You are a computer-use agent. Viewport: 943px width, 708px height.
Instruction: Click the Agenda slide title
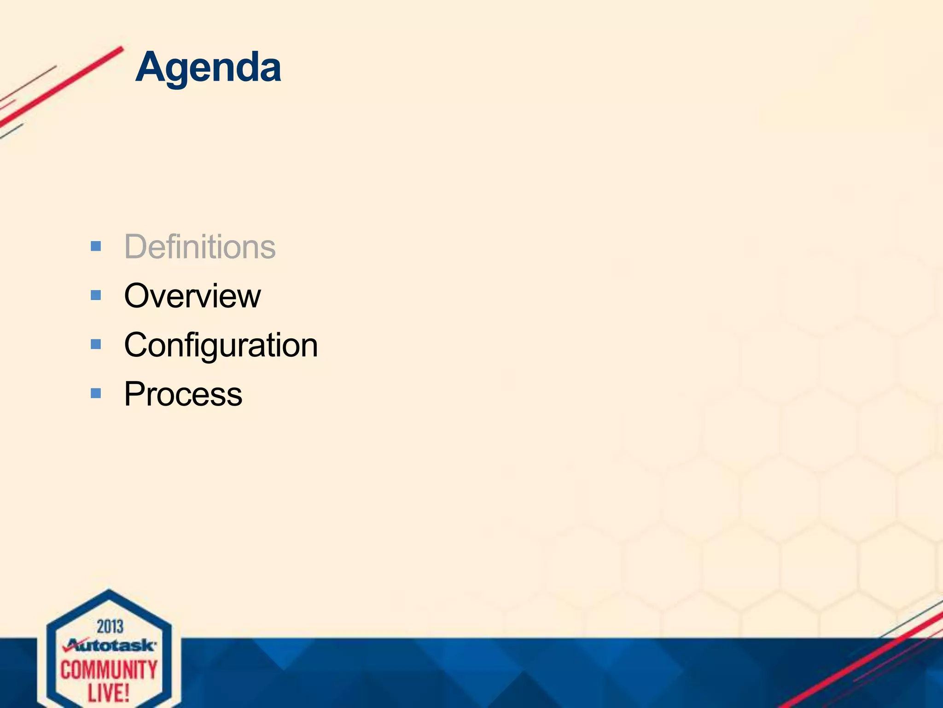[x=208, y=68]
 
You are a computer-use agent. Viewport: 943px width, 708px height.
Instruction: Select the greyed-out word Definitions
[x=200, y=247]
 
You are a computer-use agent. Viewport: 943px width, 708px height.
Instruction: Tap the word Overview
[x=192, y=296]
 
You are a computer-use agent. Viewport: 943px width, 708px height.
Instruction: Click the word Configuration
[x=221, y=346]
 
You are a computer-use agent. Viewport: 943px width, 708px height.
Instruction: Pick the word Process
[x=183, y=395]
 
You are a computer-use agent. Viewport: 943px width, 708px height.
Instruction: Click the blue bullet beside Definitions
[x=96, y=246]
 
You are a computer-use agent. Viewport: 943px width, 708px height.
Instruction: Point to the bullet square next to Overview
[x=96, y=295]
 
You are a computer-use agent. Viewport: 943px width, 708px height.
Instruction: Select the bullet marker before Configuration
[x=96, y=344]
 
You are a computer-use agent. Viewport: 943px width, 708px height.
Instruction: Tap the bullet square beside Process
[x=96, y=393]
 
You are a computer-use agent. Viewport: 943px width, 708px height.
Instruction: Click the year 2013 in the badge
[x=110, y=626]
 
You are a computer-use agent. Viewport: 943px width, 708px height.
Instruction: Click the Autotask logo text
[x=115, y=645]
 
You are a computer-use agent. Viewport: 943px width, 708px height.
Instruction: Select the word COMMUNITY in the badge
[x=109, y=670]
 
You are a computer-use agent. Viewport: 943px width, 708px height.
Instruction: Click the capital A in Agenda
[x=151, y=68]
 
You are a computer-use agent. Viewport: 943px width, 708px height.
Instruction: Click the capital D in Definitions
[x=136, y=247]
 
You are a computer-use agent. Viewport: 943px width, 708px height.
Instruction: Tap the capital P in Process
[x=135, y=395]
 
